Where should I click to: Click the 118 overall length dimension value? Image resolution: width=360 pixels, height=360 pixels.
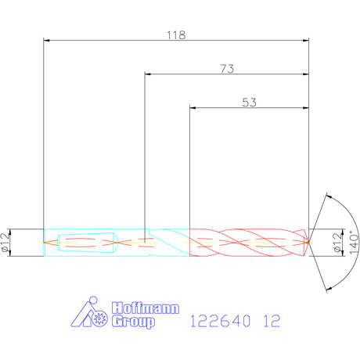pos(176,35)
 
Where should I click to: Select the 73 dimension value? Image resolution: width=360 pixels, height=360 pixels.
pos(227,69)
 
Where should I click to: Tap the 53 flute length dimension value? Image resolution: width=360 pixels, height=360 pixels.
pos(250,103)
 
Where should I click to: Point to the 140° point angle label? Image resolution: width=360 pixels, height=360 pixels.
pos(354,243)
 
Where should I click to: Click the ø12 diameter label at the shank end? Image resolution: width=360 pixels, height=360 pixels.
pos(5,243)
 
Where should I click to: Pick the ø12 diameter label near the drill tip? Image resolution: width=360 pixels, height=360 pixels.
pos(337,243)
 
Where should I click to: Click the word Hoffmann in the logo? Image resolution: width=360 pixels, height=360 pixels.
pos(146,308)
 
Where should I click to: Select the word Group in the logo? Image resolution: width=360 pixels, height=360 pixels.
pos(133,322)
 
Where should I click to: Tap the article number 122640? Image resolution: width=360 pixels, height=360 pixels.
pos(221,321)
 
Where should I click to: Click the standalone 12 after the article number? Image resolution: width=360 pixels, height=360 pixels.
pos(272,321)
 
